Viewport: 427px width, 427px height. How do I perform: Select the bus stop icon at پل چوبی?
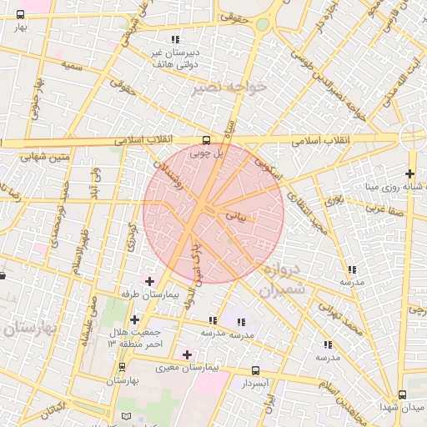coord(206,140)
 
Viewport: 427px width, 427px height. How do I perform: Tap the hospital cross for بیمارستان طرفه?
coord(149,281)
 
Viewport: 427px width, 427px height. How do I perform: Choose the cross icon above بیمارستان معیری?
coord(187,354)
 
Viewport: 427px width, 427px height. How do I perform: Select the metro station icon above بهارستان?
coord(123,366)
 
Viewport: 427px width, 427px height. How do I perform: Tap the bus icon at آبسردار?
coord(255,370)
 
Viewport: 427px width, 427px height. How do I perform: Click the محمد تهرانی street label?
coord(343,319)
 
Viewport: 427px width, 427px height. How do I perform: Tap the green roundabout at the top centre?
coord(262,24)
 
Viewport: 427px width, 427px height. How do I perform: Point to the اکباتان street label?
coord(50,408)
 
